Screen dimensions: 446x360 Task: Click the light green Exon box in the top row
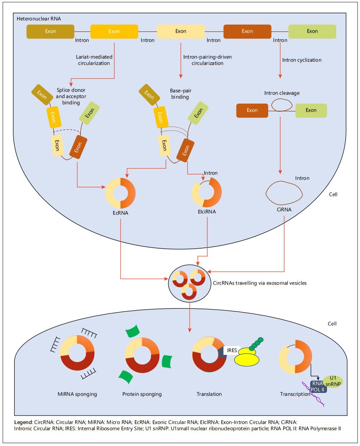click(x=312, y=31)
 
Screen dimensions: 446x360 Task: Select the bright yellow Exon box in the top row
click(x=114, y=31)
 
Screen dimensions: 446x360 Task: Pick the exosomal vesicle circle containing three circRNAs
click(x=189, y=283)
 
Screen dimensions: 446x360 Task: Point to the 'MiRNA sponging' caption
click(x=77, y=394)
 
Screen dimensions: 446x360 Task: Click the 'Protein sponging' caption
click(x=142, y=394)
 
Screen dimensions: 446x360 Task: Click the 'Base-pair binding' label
click(x=180, y=93)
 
